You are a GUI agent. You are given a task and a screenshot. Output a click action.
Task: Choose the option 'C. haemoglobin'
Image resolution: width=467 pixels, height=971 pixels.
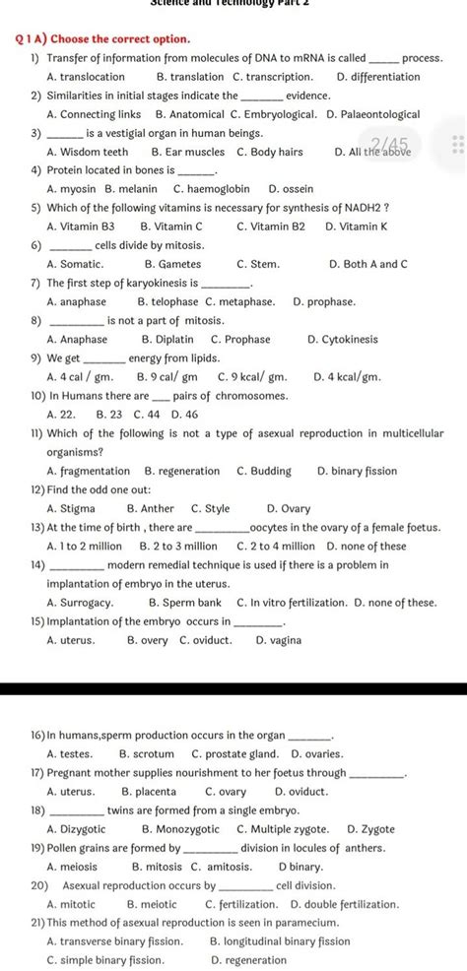(211, 188)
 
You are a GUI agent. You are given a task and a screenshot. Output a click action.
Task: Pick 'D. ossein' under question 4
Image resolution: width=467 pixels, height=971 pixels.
(294, 188)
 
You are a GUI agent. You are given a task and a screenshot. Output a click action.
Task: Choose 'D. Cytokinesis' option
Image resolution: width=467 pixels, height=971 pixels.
(342, 339)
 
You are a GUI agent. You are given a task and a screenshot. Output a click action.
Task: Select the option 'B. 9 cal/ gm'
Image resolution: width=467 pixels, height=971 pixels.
(167, 376)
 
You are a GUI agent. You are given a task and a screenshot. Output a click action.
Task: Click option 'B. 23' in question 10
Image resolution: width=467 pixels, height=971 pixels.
(108, 414)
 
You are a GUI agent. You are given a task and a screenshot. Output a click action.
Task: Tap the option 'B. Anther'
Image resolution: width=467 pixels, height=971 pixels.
(150, 508)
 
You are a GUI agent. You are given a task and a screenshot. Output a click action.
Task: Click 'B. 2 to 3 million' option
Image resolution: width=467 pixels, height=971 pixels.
(178, 546)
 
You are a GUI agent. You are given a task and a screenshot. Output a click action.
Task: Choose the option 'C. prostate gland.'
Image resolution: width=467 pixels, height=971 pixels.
(233, 753)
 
